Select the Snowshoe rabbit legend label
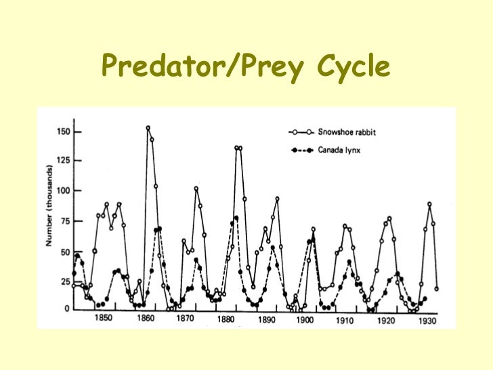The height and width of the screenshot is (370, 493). (x=347, y=132)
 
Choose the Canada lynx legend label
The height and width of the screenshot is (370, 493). (x=339, y=150)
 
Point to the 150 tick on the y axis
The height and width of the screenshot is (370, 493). (x=63, y=131)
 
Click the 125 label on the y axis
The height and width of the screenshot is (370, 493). (x=63, y=161)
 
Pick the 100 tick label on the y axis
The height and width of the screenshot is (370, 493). (x=63, y=190)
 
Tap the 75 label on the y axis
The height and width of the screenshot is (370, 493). (x=65, y=221)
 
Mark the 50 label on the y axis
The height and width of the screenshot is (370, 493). (x=65, y=252)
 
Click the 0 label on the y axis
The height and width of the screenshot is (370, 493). (x=67, y=309)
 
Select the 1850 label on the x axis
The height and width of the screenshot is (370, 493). (x=104, y=318)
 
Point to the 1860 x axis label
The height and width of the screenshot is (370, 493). (x=146, y=318)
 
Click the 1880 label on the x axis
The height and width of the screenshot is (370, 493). (x=226, y=320)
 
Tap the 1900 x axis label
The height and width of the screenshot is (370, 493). (x=305, y=320)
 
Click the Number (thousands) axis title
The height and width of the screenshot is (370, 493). (x=49, y=206)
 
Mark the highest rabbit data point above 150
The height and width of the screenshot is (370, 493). (x=148, y=127)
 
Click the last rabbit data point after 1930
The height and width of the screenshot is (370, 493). (x=436, y=289)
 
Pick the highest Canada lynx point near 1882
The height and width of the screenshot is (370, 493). (x=236, y=218)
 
